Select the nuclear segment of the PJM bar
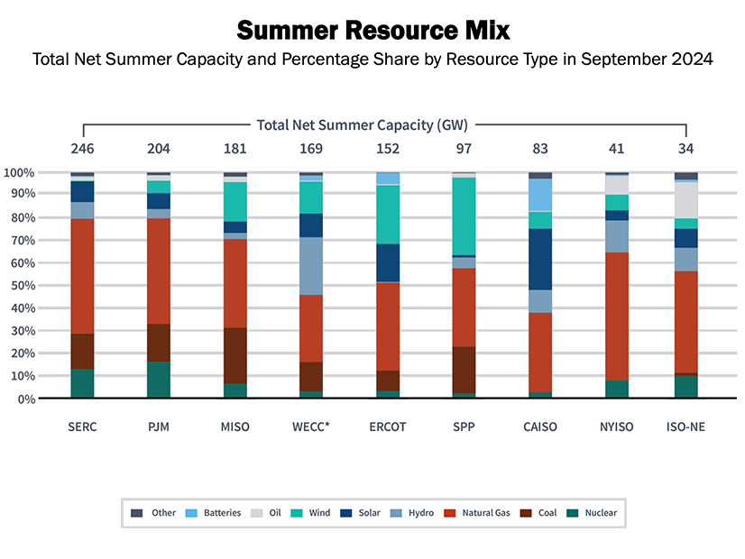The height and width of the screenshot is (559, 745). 159,380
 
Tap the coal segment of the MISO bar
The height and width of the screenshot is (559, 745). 235,355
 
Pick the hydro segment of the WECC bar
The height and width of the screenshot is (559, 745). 311,266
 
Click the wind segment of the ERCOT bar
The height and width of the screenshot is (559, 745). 388,214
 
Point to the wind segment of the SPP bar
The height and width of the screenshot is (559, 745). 464,216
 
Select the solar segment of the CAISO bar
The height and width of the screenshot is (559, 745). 540,259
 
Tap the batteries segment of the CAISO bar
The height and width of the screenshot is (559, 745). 540,195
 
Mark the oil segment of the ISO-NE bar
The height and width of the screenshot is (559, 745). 686,200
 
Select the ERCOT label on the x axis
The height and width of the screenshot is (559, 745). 388,426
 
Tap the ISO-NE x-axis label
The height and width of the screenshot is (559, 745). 686,426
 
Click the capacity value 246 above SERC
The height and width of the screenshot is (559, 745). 82,148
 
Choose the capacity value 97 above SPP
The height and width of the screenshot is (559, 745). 464,148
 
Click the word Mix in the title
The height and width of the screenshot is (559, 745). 485,31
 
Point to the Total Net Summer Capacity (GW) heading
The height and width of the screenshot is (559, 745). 362,124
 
